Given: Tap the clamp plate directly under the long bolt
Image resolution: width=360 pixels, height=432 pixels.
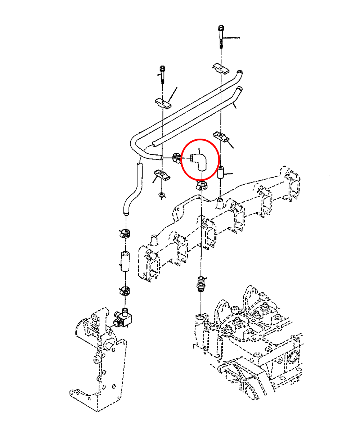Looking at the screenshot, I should click(220, 68).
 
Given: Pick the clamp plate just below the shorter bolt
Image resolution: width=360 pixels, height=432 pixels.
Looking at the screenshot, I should click(163, 104).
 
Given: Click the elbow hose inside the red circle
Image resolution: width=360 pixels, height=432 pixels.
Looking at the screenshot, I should click(199, 161).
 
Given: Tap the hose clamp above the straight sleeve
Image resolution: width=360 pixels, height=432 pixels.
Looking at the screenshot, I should click(124, 233).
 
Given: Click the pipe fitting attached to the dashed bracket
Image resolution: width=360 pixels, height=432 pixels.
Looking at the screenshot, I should click(125, 318).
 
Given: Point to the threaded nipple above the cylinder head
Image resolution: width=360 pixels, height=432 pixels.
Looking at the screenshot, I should click(201, 284).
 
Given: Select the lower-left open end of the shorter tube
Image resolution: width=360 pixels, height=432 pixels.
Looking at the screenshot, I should click(155, 144).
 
